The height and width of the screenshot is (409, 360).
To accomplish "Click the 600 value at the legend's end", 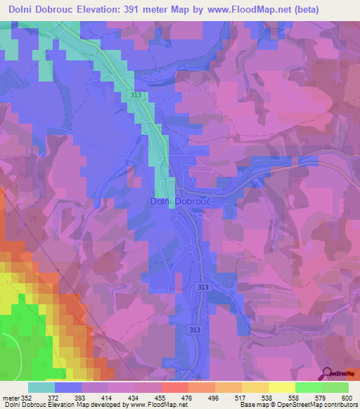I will pyautogui.click(x=344, y=398).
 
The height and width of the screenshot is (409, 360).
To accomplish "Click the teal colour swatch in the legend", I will pyautogui.click(x=41, y=387).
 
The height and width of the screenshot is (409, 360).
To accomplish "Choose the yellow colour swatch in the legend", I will pyautogui.click(x=281, y=387).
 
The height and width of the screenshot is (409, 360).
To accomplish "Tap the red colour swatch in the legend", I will pyautogui.click(x=174, y=387).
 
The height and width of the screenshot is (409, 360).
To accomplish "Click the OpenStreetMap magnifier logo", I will pyautogui.click(x=328, y=374).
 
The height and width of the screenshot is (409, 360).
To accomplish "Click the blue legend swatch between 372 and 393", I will pyautogui.click(x=68, y=387).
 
